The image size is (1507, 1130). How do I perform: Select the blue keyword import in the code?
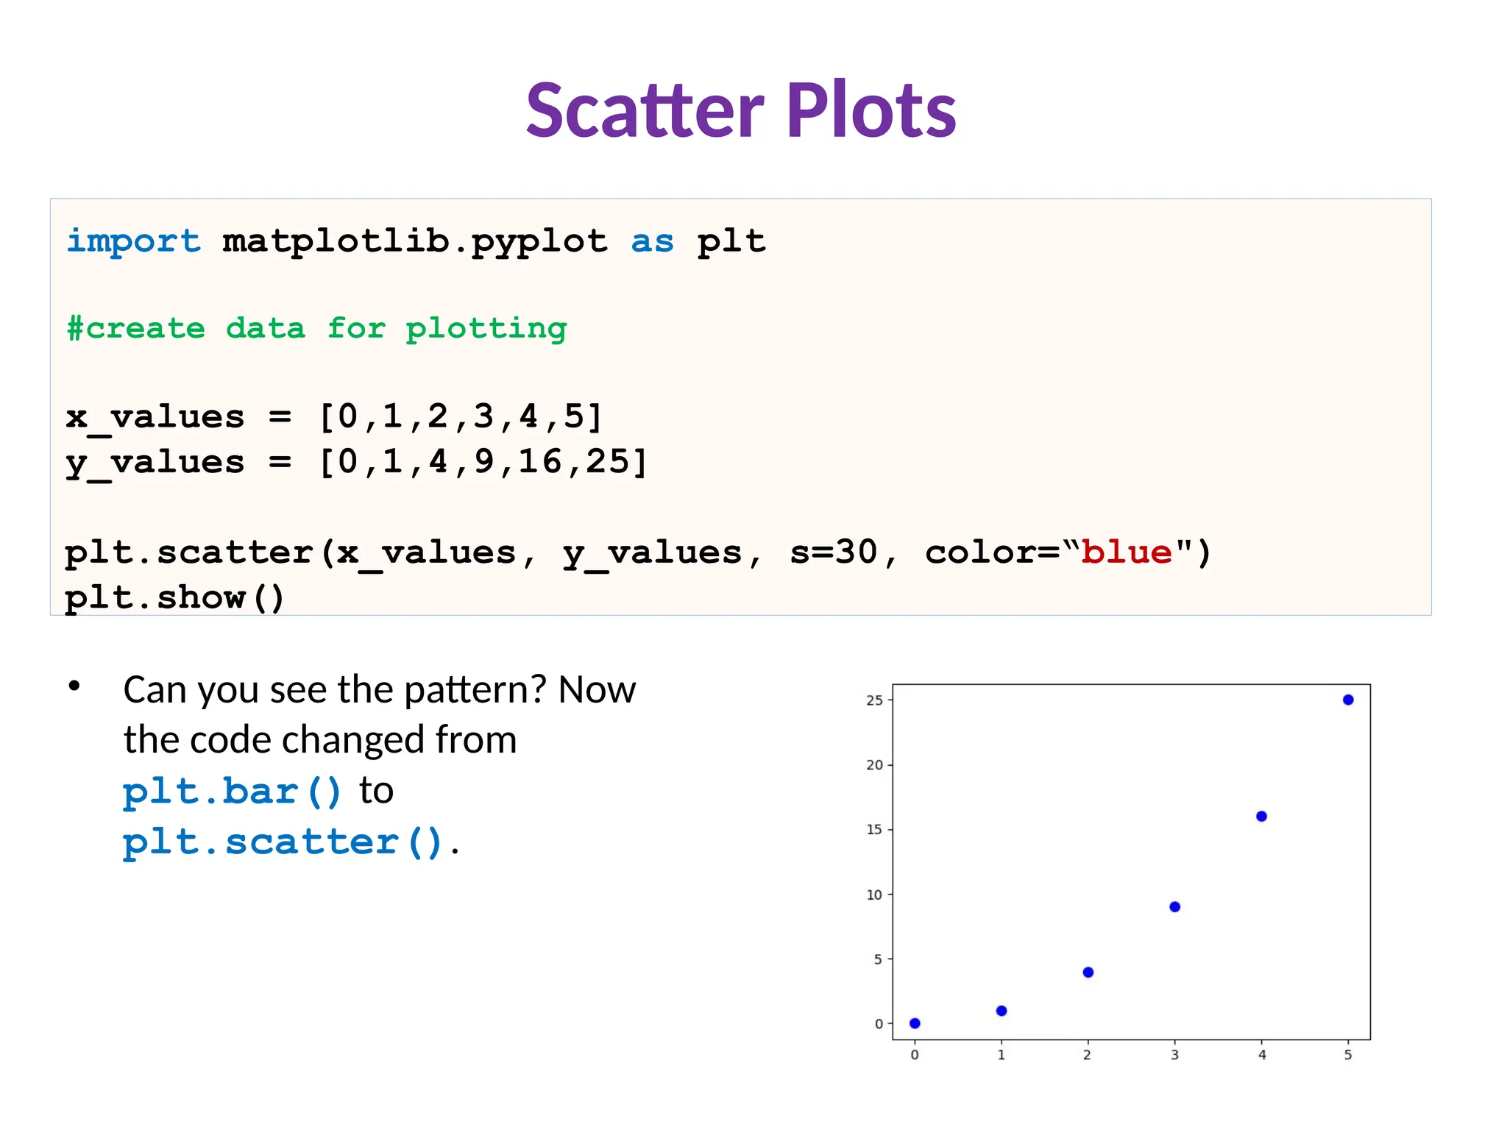(133, 241)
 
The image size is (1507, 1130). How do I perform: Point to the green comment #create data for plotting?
(316, 329)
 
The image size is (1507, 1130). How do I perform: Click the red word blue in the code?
(1127, 552)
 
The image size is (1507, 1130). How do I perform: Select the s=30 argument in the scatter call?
(834, 552)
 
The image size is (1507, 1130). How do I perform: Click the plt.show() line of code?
(174, 597)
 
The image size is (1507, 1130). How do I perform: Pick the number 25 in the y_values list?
(607, 462)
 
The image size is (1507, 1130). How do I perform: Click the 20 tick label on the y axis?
(874, 765)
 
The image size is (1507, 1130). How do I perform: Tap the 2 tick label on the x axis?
(1087, 1055)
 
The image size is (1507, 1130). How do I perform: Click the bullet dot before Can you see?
(74, 687)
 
